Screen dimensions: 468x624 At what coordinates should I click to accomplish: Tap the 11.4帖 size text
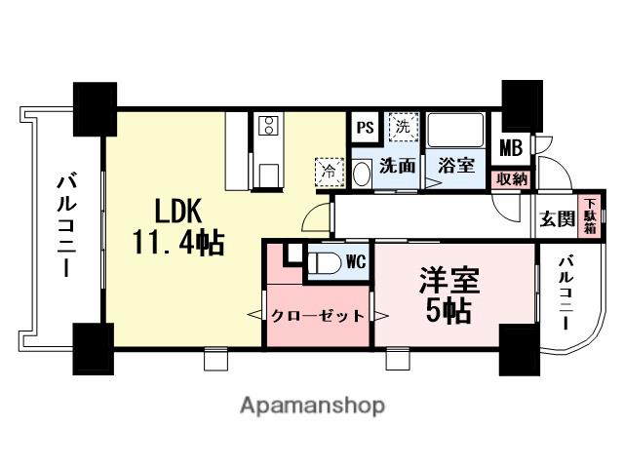click(x=179, y=241)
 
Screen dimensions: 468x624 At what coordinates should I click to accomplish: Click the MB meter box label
click(x=511, y=148)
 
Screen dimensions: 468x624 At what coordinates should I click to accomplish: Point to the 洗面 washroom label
click(x=398, y=166)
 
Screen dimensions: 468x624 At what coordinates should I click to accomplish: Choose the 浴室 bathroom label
click(x=454, y=166)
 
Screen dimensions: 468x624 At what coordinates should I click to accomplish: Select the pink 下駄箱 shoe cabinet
click(x=589, y=215)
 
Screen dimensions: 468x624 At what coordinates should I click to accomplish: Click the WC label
click(x=355, y=261)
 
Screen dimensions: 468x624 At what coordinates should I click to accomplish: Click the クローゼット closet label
click(x=318, y=315)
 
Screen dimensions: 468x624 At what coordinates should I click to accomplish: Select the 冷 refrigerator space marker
click(x=328, y=170)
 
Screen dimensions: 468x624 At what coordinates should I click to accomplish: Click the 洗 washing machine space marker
click(x=403, y=126)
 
